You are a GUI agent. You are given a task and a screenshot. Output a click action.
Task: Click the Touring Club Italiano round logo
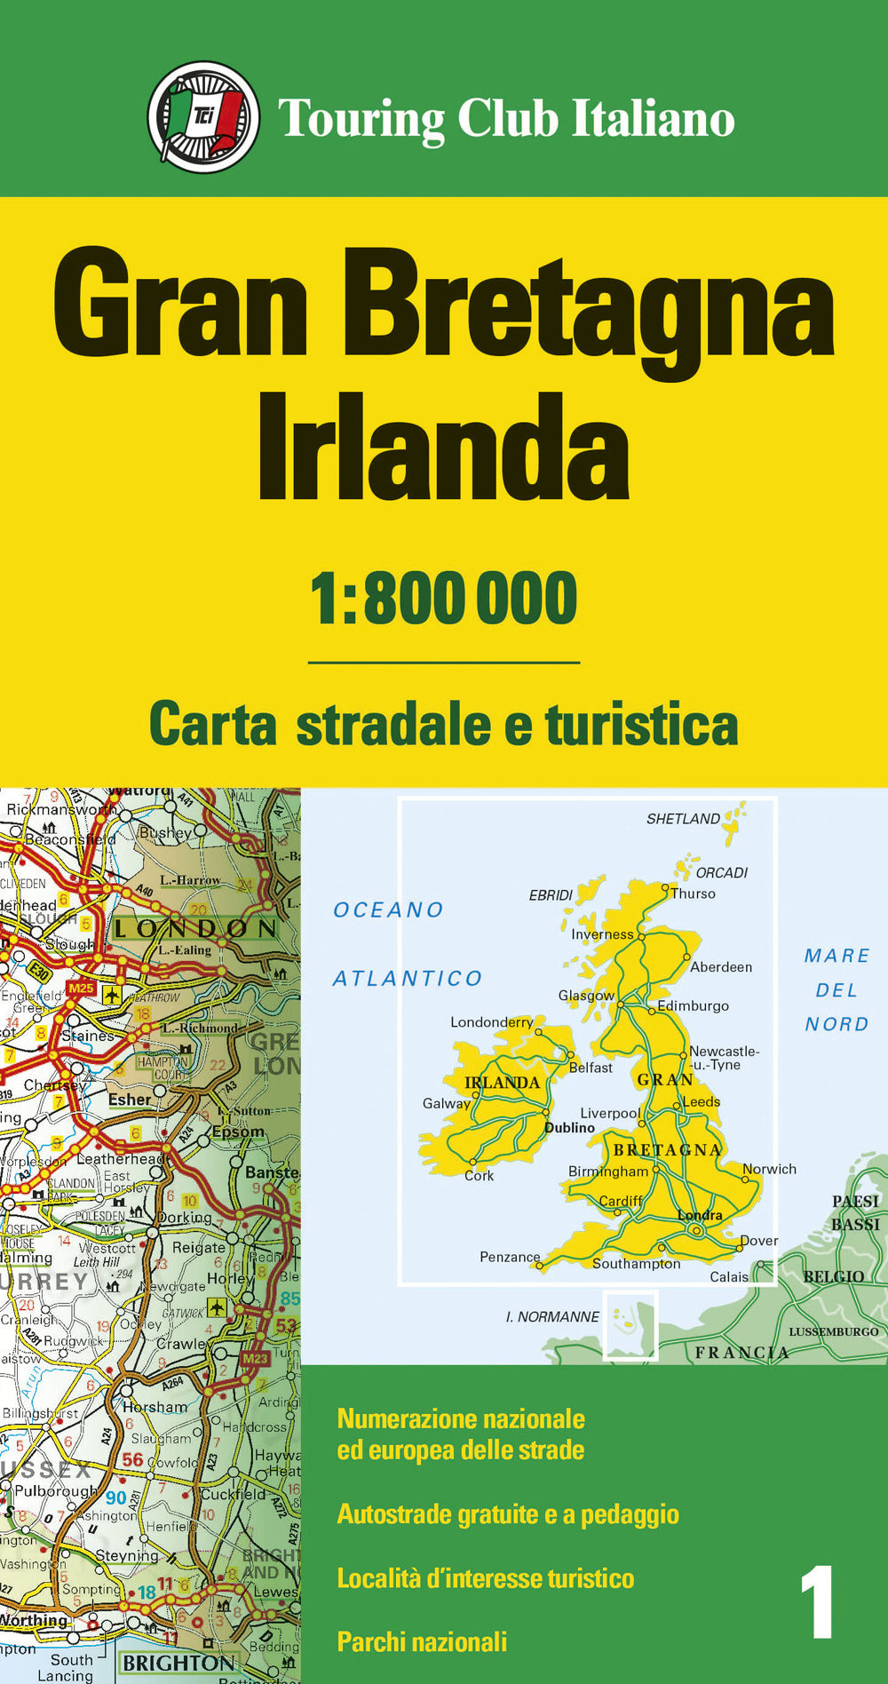point(203,116)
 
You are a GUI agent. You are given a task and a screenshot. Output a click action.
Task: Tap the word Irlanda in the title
point(443,449)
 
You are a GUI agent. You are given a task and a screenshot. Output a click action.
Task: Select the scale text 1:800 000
point(443,599)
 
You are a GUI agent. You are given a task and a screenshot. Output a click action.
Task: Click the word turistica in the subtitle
point(641,725)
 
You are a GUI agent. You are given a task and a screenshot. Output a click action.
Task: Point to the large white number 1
point(817,1603)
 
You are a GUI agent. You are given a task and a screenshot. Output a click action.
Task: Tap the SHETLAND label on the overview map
point(683,819)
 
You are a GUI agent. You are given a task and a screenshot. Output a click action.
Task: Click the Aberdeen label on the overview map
point(721,967)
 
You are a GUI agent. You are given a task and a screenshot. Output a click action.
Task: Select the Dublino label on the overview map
point(569,1128)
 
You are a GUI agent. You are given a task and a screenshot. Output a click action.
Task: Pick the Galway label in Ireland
point(446,1104)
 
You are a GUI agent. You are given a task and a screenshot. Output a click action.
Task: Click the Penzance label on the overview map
point(510,1257)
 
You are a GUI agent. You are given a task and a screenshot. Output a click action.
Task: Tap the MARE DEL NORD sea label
point(836,989)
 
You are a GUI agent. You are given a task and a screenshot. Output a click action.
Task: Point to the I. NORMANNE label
point(552,1317)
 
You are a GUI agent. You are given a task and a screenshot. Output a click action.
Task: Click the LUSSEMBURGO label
point(833,1332)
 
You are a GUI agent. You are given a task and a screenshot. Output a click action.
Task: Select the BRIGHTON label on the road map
point(179,1663)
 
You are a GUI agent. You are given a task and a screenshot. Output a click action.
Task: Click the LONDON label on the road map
point(195,929)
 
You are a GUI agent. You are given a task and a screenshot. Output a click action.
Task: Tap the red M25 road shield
point(81,989)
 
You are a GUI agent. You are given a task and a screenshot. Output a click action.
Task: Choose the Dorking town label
point(185,1218)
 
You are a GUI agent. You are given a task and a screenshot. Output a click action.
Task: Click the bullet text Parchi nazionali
point(422,1642)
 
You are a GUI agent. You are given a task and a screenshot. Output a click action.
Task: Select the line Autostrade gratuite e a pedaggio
point(508,1514)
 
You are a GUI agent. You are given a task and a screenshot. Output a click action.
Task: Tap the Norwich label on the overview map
point(770,1169)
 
